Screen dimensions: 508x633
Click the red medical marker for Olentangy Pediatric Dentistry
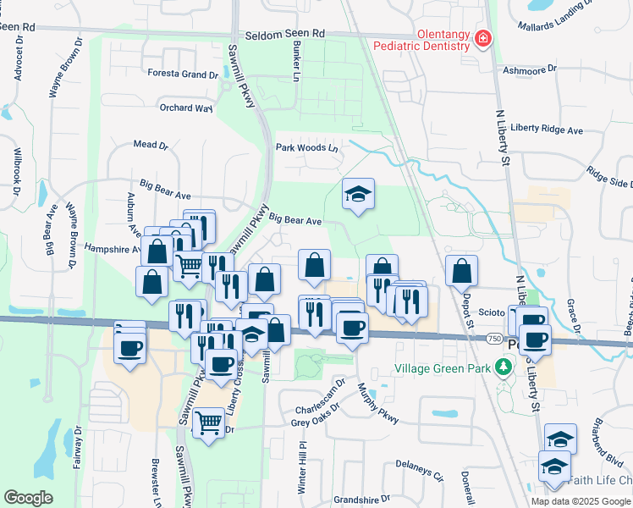(483, 39)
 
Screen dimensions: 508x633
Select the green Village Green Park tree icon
(504, 367)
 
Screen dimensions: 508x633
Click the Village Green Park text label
(443, 368)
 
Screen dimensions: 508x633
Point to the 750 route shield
(493, 339)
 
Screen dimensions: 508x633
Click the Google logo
(29, 498)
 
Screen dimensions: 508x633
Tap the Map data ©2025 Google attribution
(581, 500)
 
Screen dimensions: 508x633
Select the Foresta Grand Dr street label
(183, 75)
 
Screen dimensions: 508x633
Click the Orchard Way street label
(186, 108)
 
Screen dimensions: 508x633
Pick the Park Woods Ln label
(306, 148)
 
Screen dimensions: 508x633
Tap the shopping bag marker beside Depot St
(461, 272)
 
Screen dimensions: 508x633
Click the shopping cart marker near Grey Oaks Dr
(207, 422)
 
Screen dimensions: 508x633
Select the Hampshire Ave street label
(112, 250)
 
